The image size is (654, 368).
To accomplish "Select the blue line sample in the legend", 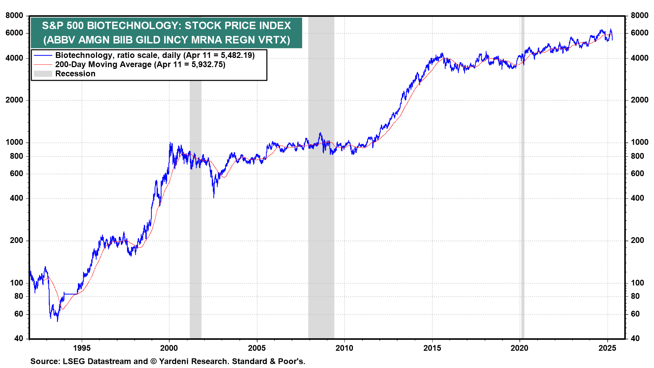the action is [43, 55].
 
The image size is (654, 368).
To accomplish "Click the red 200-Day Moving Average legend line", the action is [43, 64].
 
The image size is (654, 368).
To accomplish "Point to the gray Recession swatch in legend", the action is [43, 74].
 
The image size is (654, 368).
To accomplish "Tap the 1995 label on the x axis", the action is [82, 348].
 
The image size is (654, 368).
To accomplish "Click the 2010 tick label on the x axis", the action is [344, 348].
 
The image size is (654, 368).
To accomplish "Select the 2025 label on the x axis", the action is [607, 348].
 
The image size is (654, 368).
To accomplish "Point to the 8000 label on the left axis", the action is [15, 15].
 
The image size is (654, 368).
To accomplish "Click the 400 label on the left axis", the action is [17, 198].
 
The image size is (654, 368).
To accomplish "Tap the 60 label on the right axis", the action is [635, 314].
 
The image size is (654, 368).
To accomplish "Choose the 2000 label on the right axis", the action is [640, 100].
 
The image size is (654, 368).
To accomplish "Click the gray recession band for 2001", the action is [196, 210].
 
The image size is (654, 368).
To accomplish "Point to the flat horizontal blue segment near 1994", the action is [71, 294].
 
